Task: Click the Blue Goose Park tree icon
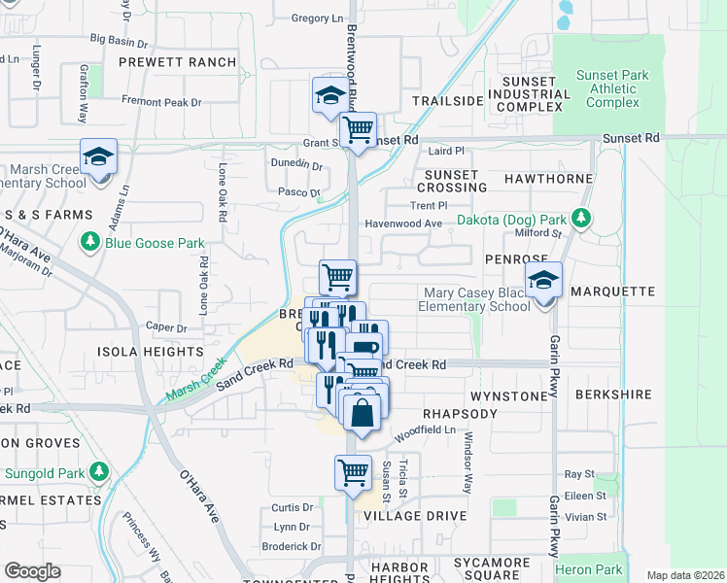(x=90, y=240)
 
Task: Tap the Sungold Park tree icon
(x=98, y=472)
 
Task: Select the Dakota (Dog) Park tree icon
(x=582, y=220)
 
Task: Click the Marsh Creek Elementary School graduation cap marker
(x=99, y=157)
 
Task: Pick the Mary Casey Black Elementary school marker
(x=544, y=282)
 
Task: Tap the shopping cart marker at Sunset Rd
(x=359, y=129)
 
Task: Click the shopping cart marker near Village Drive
(x=353, y=473)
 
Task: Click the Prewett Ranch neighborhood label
(x=178, y=62)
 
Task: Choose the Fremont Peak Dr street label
(x=161, y=101)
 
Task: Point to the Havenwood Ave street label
(x=403, y=223)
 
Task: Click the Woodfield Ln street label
(x=427, y=429)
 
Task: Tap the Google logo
(x=32, y=571)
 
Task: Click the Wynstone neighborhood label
(x=509, y=396)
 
